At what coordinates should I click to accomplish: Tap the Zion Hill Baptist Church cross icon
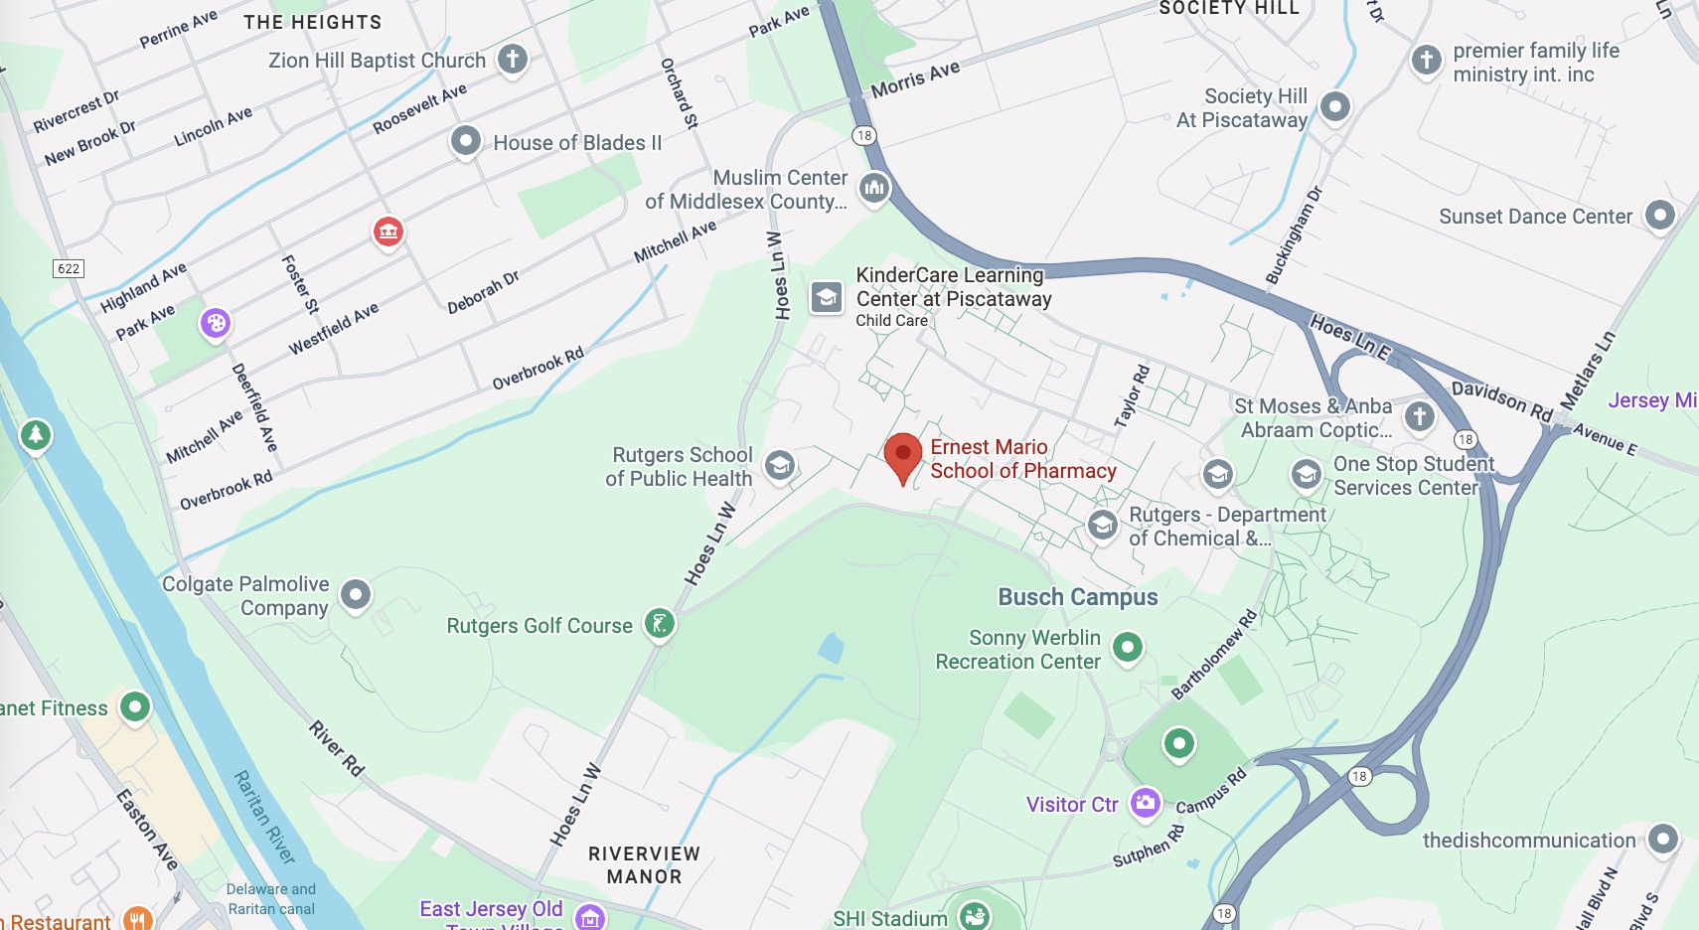[x=513, y=59]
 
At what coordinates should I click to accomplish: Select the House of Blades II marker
[x=465, y=141]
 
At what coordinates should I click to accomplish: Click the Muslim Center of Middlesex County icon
[x=874, y=187]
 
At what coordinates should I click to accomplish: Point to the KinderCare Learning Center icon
[x=827, y=296]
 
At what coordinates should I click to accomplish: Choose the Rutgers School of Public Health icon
[x=780, y=465]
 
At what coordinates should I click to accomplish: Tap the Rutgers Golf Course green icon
[x=660, y=624]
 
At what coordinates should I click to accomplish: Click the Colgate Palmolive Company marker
[x=356, y=594]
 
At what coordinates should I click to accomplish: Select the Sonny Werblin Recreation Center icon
[x=1127, y=647]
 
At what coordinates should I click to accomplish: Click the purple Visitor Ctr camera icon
[x=1146, y=802]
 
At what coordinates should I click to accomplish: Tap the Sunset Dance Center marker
[x=1660, y=215]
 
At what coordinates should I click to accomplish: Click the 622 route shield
[x=69, y=268]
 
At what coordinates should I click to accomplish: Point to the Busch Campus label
[x=1078, y=597]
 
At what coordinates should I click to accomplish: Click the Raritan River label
[x=264, y=817]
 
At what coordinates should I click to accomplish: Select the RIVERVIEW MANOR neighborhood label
[x=644, y=865]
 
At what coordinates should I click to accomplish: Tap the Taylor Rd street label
[x=1132, y=396]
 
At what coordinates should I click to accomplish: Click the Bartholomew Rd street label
[x=1214, y=655]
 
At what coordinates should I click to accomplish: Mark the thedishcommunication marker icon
[x=1662, y=839]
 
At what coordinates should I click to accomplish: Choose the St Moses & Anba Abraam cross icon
[x=1419, y=416]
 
